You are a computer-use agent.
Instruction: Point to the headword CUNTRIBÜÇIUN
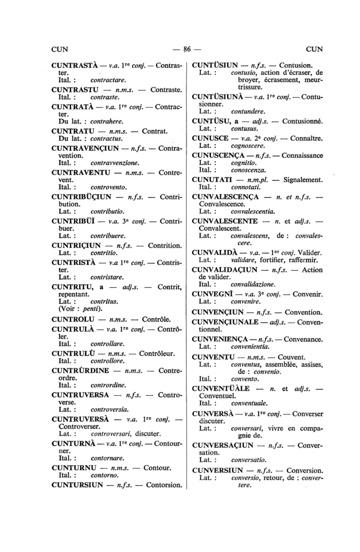point(81,197)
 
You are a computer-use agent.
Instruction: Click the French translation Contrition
point(165,245)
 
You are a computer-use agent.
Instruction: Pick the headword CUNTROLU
point(73,320)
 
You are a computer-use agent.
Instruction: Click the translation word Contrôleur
point(157,353)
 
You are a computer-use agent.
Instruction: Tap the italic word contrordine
point(108,385)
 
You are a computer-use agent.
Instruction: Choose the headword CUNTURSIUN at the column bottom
point(77,485)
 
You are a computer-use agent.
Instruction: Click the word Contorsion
point(164,485)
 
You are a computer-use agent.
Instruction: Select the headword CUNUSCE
point(210,138)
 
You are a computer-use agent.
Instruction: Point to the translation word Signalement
point(303,180)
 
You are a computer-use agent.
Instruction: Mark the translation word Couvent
point(291,357)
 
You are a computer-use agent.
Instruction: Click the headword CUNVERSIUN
point(218,470)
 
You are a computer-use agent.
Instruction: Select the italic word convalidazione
point(253,284)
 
